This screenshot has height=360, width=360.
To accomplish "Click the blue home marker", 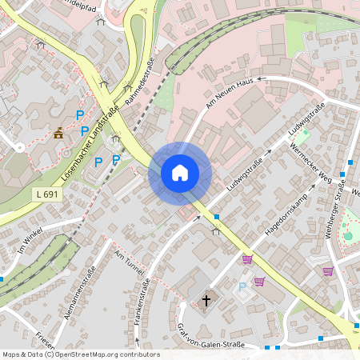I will coord(180,173).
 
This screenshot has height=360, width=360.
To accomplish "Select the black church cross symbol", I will coord(206,301).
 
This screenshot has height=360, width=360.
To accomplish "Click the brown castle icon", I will coord(58,134).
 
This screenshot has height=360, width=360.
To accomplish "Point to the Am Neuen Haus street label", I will coord(230,94).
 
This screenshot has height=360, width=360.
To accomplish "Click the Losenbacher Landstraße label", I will coord(90,142).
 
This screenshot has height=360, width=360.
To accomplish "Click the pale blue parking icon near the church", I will coord(242,287).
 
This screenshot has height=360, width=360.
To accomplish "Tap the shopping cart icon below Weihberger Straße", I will coord(328,271).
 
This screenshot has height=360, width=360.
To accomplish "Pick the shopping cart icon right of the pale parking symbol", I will coord(259,281).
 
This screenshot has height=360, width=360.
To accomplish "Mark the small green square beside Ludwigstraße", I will coord(304,132).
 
